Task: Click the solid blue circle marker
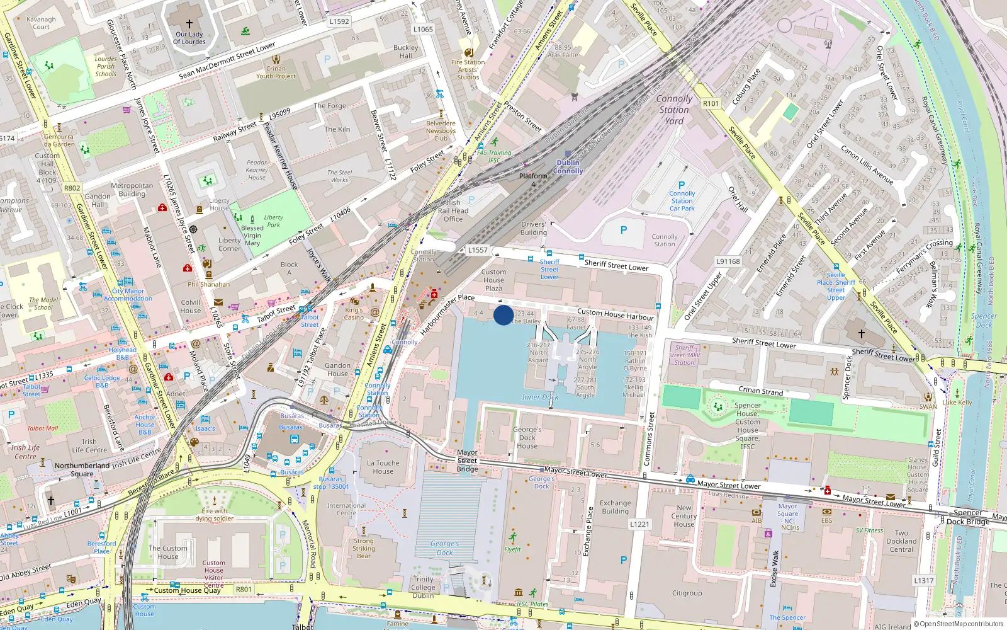pyautogui.click(x=503, y=315)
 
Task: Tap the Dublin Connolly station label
pyautogui.click(x=568, y=167)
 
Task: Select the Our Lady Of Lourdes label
pyautogui.click(x=189, y=38)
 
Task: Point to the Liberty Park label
pyautogui.click(x=273, y=220)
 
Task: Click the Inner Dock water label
pyautogui.click(x=540, y=398)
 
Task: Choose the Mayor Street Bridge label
pyautogui.click(x=467, y=461)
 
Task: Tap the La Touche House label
pyautogui.click(x=383, y=467)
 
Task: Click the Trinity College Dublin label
pyautogui.click(x=423, y=587)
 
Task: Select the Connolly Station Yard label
pyautogui.click(x=674, y=110)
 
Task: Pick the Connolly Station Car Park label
pyautogui.click(x=682, y=201)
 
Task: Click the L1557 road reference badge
pyautogui.click(x=478, y=250)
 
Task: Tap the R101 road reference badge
pyautogui.click(x=711, y=103)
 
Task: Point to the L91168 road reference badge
pyautogui.click(x=728, y=261)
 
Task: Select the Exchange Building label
pyautogui.click(x=615, y=507)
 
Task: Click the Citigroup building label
pyautogui.click(x=687, y=593)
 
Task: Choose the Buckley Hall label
pyautogui.click(x=406, y=52)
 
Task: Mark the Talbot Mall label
pyautogui.click(x=42, y=428)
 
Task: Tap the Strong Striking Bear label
pyautogui.click(x=363, y=548)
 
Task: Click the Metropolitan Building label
pyautogui.click(x=132, y=190)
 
